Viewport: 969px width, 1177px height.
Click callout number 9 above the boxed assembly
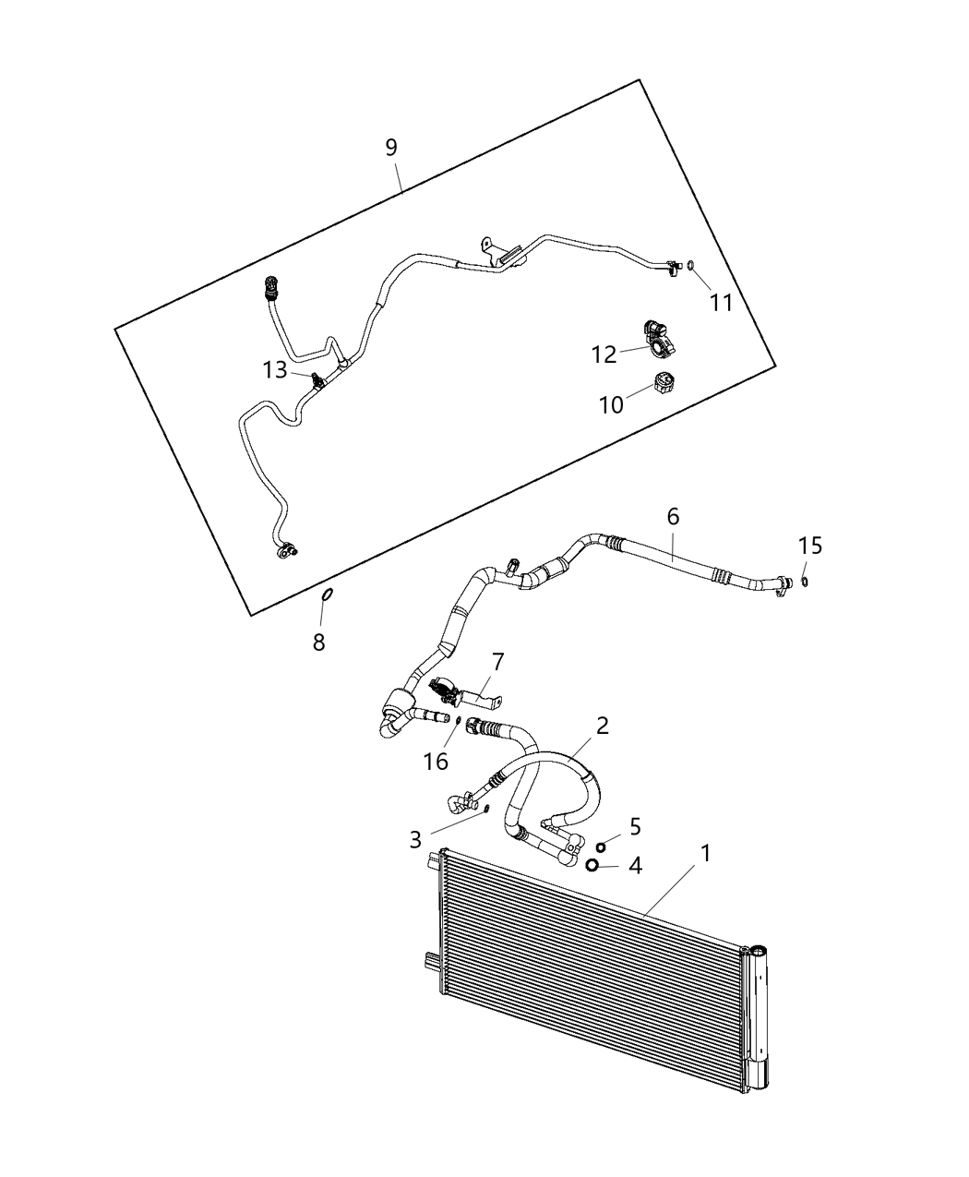(x=391, y=147)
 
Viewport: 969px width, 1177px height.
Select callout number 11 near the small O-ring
(x=721, y=302)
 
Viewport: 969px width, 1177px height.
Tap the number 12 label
(x=604, y=354)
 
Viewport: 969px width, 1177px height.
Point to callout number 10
(x=611, y=404)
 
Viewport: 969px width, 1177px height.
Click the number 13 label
(x=275, y=370)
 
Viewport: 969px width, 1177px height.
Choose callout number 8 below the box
(x=318, y=643)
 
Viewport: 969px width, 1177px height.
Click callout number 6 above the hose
(x=673, y=517)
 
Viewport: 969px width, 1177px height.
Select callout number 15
(x=809, y=546)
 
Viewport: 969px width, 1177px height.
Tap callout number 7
(x=497, y=662)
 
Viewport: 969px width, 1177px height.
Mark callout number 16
(x=435, y=761)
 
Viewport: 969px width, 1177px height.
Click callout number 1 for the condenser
(x=705, y=854)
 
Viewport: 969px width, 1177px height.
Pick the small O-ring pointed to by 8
(x=327, y=595)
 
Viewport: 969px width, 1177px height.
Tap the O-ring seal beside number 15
(x=805, y=581)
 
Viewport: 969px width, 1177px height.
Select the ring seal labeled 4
(x=592, y=865)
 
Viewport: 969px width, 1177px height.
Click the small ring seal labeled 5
(x=601, y=847)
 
